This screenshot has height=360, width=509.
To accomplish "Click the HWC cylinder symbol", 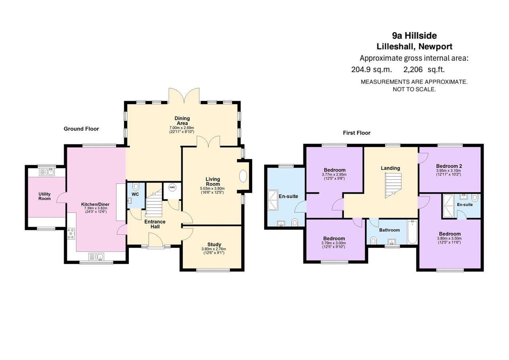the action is (172, 187).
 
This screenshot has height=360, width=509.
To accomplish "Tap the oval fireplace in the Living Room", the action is (243, 176).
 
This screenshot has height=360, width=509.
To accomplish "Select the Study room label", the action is (214, 244).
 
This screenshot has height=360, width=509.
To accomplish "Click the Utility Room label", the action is (45, 196).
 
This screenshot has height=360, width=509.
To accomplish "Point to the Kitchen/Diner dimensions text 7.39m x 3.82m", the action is (95, 208).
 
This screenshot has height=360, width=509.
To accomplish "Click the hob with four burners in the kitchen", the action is (71, 234).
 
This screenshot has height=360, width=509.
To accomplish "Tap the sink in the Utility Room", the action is (47, 172).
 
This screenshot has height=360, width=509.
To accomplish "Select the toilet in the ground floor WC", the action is (136, 187).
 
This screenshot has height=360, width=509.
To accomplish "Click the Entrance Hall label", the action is (155, 224).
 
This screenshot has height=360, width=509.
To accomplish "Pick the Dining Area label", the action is (182, 121).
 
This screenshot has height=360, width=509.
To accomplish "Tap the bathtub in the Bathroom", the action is (412, 232).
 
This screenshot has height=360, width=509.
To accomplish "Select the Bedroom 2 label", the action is (449, 166).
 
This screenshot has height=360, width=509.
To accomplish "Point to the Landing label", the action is (390, 168).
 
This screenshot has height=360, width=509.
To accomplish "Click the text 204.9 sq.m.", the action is (371, 69).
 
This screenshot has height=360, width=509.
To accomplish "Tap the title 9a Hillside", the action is (414, 36).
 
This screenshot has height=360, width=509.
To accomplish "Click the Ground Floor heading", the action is (81, 129).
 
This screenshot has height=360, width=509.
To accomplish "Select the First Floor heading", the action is (357, 133).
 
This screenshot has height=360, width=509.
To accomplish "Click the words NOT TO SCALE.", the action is (414, 90).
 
